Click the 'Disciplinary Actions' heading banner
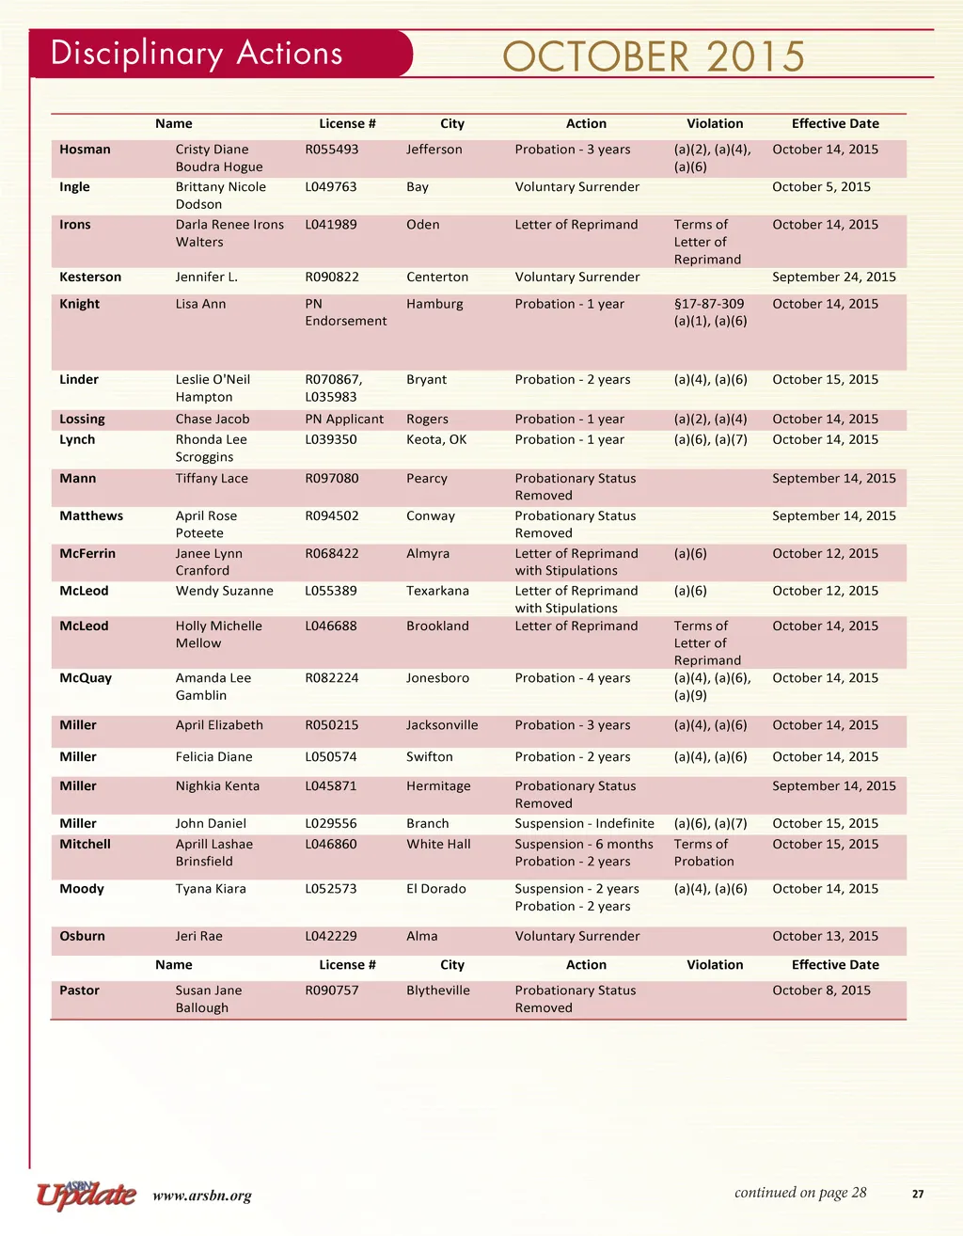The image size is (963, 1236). pyautogui.click(x=197, y=54)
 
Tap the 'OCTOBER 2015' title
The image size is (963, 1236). pyautogui.click(x=654, y=56)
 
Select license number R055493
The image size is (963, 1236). pyautogui.click(x=331, y=150)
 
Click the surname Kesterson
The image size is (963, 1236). pyautogui.click(x=90, y=277)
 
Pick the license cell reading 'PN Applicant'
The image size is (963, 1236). pyautogui.click(x=344, y=420)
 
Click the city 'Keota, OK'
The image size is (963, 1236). pyautogui.click(x=436, y=440)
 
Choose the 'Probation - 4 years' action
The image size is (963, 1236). pyautogui.click(x=572, y=678)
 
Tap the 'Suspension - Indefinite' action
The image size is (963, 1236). pyautogui.click(x=584, y=824)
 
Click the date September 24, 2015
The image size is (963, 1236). pyautogui.click(x=833, y=277)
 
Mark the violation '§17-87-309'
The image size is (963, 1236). pyautogui.click(x=708, y=304)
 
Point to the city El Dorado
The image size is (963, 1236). pyautogui.click(x=435, y=889)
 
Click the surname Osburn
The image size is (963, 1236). pyautogui.click(x=82, y=937)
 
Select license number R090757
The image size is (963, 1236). pyautogui.click(x=331, y=990)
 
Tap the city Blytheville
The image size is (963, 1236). pyautogui.click(x=437, y=990)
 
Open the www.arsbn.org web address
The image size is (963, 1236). pyautogui.click(x=201, y=1196)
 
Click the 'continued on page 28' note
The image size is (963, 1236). pyautogui.click(x=800, y=1193)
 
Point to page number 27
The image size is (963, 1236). pyautogui.click(x=918, y=1195)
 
